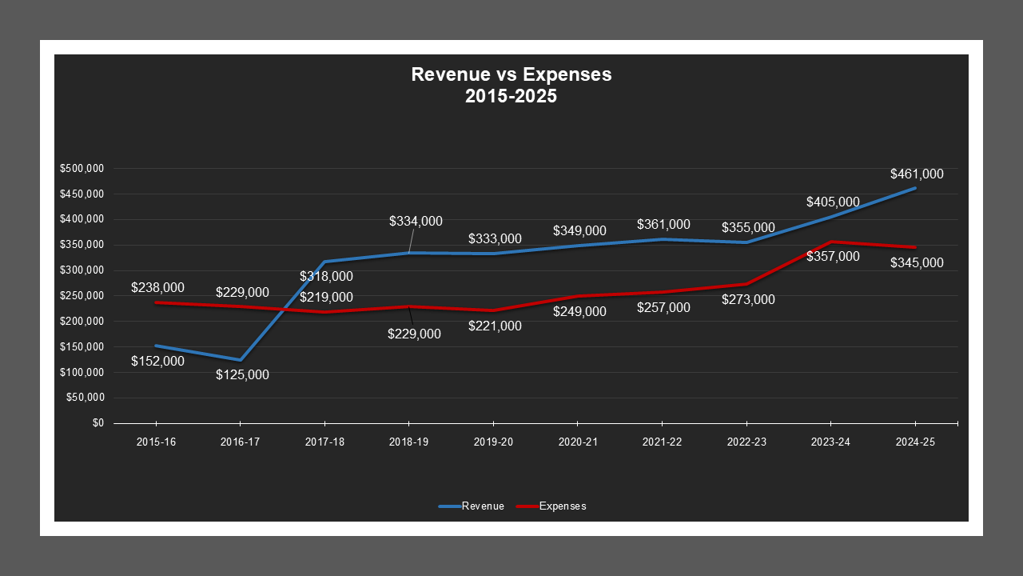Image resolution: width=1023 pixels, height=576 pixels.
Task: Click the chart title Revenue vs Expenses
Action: pos(511,74)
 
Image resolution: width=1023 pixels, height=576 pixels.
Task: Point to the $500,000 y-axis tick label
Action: pos(82,169)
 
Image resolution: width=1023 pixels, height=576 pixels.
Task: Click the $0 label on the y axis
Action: pos(98,423)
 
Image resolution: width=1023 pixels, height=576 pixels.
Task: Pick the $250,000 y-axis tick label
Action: pos(82,296)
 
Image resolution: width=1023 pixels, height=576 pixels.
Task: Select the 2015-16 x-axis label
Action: pos(156,442)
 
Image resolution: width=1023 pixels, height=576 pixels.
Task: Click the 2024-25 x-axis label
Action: pos(915,442)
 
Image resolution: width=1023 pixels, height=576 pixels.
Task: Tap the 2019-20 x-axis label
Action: pos(494,442)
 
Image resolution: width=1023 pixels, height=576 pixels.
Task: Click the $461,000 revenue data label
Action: pos(917,174)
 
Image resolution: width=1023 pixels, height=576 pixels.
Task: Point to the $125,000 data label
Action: pos(242,374)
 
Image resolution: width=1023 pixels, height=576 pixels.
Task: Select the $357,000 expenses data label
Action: pos(833,256)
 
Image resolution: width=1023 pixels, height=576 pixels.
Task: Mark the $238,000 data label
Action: pos(157,287)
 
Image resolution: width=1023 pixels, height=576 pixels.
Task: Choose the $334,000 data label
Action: pos(416,221)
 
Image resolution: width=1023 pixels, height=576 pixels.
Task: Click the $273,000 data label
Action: pos(748,299)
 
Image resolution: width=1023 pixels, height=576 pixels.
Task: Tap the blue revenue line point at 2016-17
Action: pos(240,360)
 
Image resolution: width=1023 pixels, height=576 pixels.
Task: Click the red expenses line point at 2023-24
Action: pos(831,242)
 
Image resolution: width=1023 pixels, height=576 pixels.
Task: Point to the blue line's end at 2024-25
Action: pos(915,188)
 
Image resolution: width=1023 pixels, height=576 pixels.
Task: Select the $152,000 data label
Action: pos(157,361)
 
